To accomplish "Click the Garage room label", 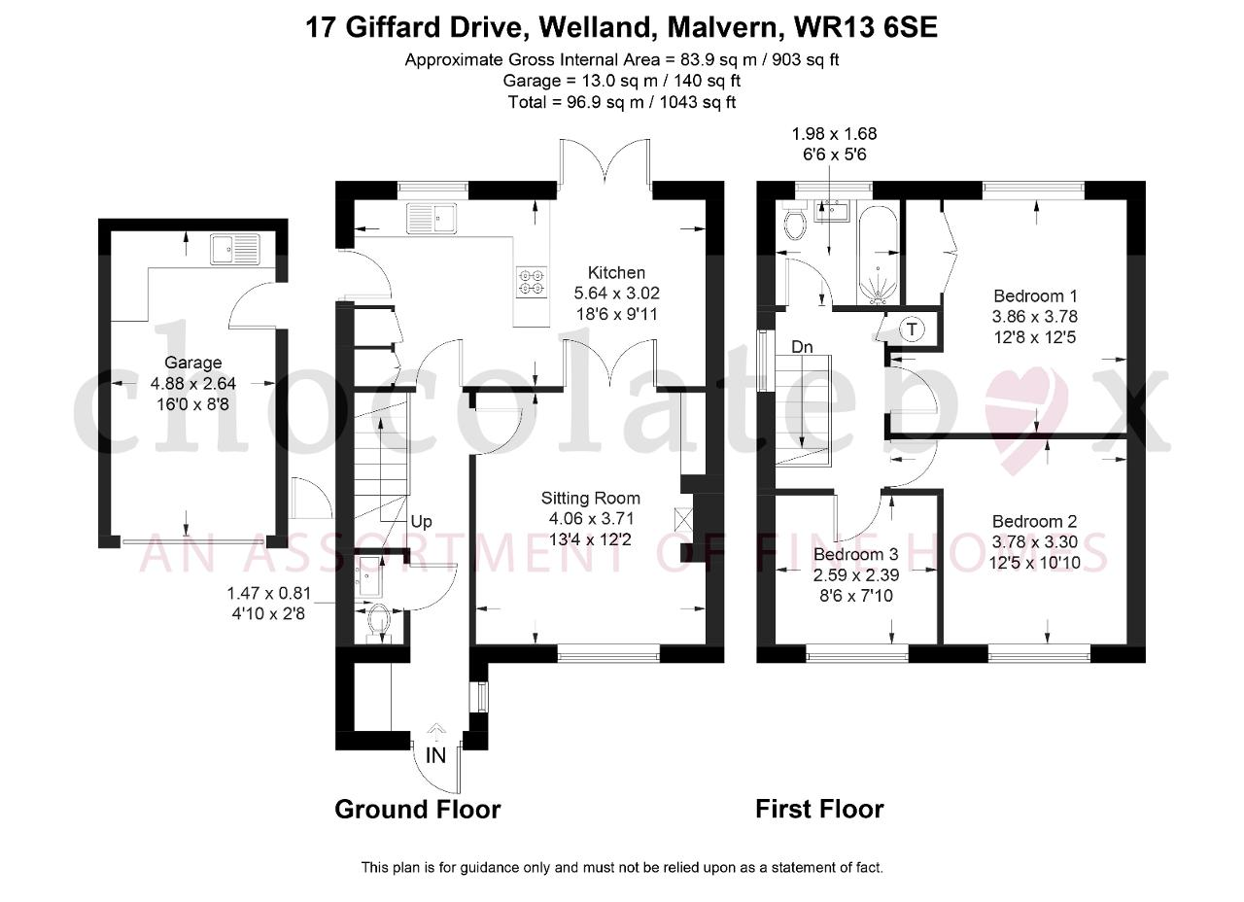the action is tap(192, 363).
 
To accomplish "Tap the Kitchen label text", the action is tap(616, 273).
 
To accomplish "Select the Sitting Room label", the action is tap(590, 499).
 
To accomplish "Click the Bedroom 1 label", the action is tap(1035, 295).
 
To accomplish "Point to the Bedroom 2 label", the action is tap(1035, 521).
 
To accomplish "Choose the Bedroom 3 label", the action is tap(856, 554).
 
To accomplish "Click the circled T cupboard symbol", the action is tap(912, 330).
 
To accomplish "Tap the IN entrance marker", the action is tap(436, 755).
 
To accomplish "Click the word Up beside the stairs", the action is tap(421, 522).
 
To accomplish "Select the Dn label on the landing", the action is tap(802, 347).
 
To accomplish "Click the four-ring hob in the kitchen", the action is tap(532, 282).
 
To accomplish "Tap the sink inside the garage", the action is tap(235, 249).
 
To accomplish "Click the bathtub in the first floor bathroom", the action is tap(878, 255).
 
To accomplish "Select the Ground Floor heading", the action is tap(418, 810).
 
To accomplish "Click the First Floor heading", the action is tap(819, 810).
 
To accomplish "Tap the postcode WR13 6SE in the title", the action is tap(866, 27).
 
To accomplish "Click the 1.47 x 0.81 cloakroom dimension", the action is tap(269, 594).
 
